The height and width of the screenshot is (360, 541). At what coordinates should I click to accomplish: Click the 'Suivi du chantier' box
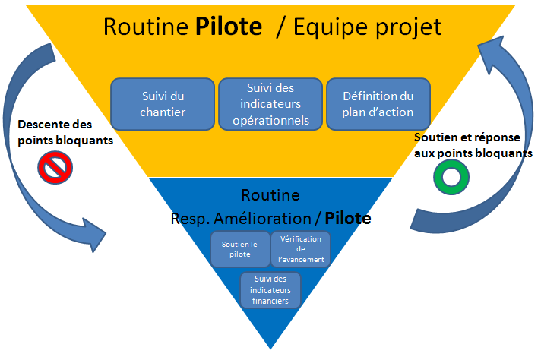pos(163,104)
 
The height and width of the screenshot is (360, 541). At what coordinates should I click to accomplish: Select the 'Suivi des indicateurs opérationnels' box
pos(270,104)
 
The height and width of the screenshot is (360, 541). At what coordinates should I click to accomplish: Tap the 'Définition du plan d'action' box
pos(378,104)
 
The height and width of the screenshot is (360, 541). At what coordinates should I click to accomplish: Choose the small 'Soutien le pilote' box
pos(239,249)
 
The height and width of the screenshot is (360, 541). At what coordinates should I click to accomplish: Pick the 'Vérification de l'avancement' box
pos(301,249)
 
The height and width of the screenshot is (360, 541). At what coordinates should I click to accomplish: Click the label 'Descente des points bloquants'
pos(54,132)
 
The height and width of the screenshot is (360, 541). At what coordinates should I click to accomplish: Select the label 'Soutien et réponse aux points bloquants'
pos(472,145)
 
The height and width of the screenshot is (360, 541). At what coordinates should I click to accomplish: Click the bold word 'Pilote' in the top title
pos(229,28)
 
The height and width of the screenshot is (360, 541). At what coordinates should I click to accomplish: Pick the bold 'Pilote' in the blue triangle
pos(348,219)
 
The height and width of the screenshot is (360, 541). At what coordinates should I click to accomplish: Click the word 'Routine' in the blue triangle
pos(270,195)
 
